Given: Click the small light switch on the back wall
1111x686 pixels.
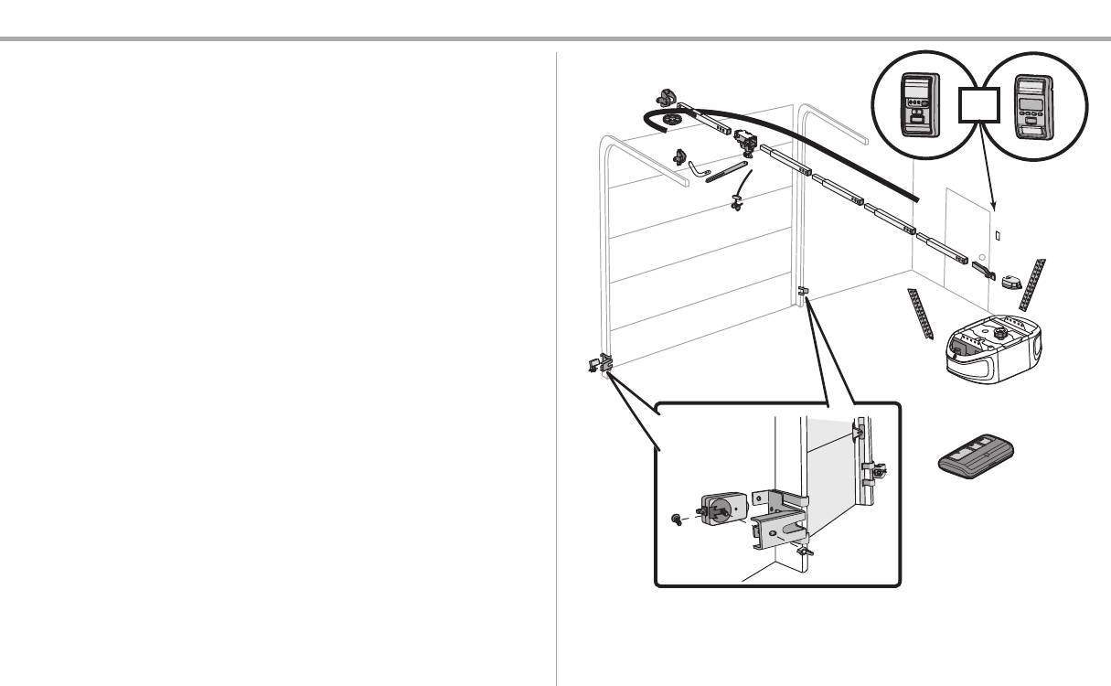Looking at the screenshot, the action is point(998,235).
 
